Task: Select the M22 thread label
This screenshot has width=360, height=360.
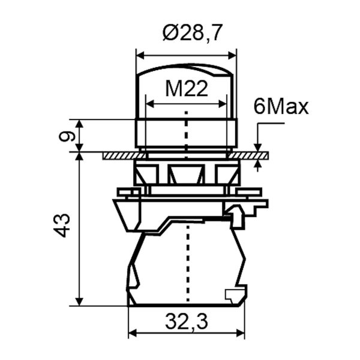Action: [x=187, y=89]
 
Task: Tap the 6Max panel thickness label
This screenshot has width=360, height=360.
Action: [x=281, y=107]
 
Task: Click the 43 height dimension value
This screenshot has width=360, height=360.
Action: [x=62, y=226]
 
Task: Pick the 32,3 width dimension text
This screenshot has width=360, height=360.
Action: [x=187, y=322]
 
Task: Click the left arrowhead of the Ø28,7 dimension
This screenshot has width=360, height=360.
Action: [x=140, y=55]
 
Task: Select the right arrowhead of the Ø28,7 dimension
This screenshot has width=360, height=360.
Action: [x=232, y=55]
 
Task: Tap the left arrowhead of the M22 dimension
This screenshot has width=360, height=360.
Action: [x=149, y=104]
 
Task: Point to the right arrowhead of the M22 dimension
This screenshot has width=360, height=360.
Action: [x=223, y=104]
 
